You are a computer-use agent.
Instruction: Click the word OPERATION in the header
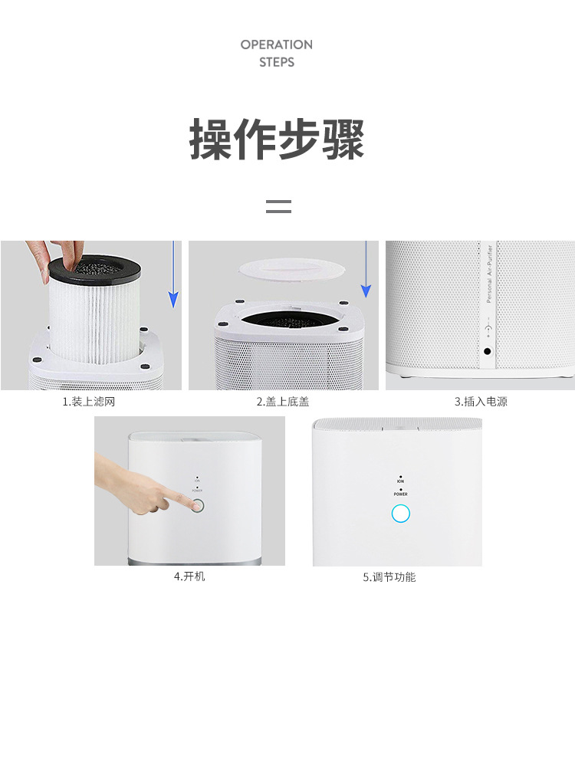coord(276,44)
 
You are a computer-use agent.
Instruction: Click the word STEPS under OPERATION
coord(276,62)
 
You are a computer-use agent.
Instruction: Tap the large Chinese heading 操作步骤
coord(277,139)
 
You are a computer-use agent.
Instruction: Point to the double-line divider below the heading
coord(278,205)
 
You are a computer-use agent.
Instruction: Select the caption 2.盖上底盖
coord(283,402)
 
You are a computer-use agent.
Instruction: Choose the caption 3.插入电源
coord(481,402)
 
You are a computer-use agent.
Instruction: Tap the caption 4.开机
coord(189,576)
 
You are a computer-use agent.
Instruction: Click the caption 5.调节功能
coord(389,577)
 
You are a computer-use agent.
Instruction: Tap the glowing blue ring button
coord(401,514)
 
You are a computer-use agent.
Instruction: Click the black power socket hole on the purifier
coord(488,353)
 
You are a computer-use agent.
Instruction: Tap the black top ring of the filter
coord(93,268)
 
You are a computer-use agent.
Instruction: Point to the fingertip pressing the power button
coord(189,504)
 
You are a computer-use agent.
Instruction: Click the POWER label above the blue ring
coord(401,494)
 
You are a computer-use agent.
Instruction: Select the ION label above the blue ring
coord(401,481)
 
